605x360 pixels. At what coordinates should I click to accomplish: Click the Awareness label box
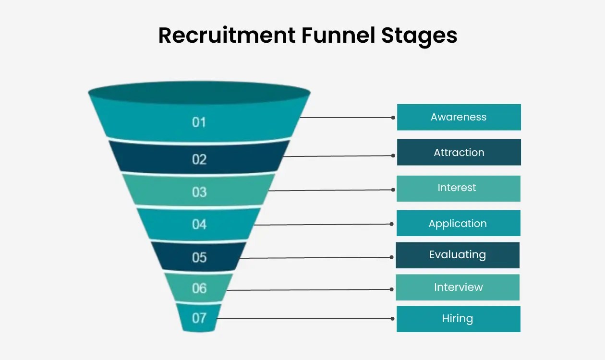(459, 117)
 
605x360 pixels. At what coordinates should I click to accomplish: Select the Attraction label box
(459, 153)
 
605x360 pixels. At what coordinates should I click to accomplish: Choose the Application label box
(458, 223)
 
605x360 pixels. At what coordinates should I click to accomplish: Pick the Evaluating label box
(458, 255)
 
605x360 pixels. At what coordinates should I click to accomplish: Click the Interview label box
(458, 287)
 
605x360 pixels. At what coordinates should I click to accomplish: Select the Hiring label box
(458, 319)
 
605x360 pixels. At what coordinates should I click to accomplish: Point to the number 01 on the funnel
(199, 122)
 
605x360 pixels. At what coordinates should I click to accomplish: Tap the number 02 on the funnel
(199, 159)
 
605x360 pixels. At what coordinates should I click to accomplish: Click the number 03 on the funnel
(199, 192)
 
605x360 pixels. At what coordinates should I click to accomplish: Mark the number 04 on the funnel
(199, 224)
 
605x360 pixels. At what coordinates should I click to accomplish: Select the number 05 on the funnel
(199, 257)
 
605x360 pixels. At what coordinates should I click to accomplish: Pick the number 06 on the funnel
(199, 288)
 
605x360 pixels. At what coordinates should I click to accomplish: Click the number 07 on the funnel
(199, 318)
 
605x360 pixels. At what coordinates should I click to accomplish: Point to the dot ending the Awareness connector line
(393, 118)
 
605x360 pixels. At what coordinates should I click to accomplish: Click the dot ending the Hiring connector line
(393, 319)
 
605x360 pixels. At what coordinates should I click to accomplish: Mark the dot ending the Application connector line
(393, 224)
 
